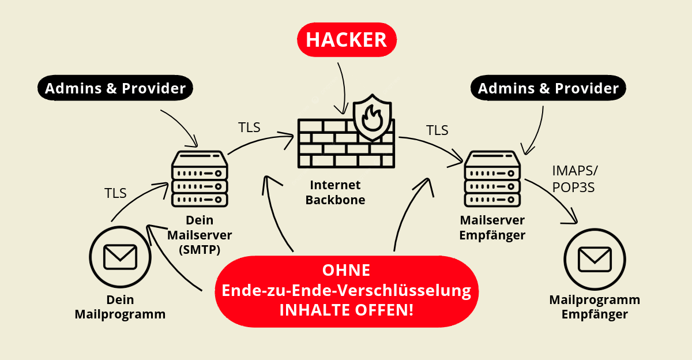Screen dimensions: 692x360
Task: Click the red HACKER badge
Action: pyautogui.click(x=347, y=40)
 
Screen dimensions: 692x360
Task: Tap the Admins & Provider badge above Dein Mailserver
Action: pyautogui.click(x=115, y=88)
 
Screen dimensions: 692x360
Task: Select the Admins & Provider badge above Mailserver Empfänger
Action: pyautogui.click(x=548, y=88)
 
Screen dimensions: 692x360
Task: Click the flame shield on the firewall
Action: pyautogui.click(x=373, y=118)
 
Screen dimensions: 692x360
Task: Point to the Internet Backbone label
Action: pyautogui.click(x=335, y=193)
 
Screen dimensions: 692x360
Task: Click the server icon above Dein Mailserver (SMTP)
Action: pyautogui.click(x=200, y=179)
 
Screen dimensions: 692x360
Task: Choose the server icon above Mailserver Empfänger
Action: pyautogui.click(x=492, y=179)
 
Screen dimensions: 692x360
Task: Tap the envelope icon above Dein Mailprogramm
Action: pyautogui.click(x=120, y=257)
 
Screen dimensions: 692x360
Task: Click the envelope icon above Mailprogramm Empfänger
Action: pyautogui.click(x=595, y=259)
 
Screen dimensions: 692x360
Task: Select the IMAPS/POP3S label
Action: pyautogui.click(x=575, y=179)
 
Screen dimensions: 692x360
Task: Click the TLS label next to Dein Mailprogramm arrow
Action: pyautogui.click(x=115, y=193)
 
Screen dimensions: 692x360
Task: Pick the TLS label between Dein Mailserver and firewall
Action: pyautogui.click(x=249, y=127)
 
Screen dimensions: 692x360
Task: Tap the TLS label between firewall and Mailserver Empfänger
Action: pyautogui.click(x=437, y=130)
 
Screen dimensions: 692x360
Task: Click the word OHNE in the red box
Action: pyautogui.click(x=347, y=270)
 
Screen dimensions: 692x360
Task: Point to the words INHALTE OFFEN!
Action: pyautogui.click(x=347, y=310)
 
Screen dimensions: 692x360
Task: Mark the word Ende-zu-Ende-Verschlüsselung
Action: pyautogui.click(x=347, y=290)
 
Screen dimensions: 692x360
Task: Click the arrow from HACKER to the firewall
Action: pyautogui.click(x=343, y=89)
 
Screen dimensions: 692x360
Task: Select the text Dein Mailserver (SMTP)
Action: pyautogui.click(x=200, y=235)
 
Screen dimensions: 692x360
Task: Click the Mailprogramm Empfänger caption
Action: pyautogui.click(x=595, y=307)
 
